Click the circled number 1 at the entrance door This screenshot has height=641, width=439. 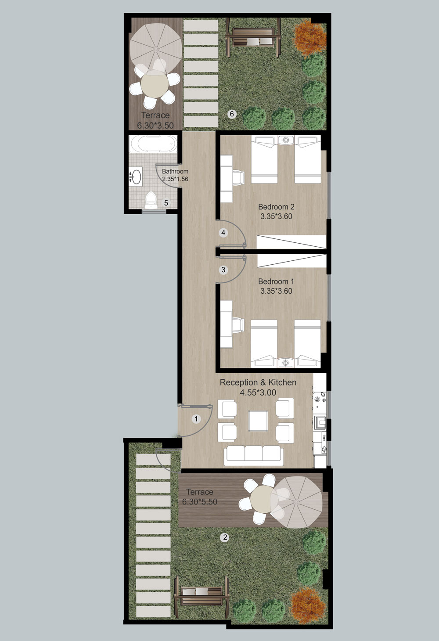(196, 419)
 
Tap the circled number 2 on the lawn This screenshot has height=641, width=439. (225, 537)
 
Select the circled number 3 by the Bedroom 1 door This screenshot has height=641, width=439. (223, 270)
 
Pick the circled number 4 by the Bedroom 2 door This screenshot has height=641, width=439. (223, 233)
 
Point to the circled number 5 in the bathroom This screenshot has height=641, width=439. (166, 203)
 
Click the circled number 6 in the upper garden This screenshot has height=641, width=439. (232, 114)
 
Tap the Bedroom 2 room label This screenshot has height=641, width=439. (276, 207)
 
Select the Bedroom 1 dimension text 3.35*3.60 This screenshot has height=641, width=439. (276, 291)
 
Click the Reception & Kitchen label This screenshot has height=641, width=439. (258, 382)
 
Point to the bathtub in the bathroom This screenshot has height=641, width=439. (153, 144)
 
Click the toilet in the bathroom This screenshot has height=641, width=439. (151, 200)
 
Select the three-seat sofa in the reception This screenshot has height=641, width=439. (254, 456)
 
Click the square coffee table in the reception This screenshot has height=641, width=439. (258, 421)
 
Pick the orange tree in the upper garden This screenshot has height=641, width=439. (310, 38)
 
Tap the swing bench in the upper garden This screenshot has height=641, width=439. (253, 37)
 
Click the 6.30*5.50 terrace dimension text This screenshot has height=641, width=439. (200, 502)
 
